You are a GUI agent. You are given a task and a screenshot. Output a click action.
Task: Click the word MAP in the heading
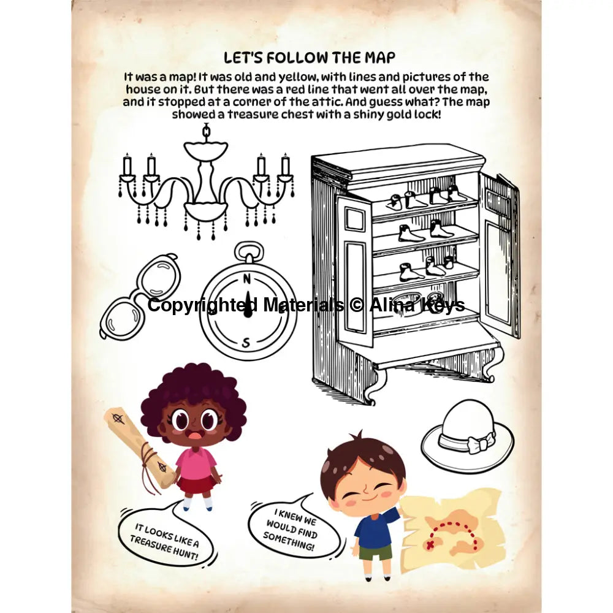[380, 58]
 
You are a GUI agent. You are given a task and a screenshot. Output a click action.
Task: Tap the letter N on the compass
[246, 279]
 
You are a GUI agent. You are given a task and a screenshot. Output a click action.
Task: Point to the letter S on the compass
[246, 343]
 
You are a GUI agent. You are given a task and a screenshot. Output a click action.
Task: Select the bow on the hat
[480, 444]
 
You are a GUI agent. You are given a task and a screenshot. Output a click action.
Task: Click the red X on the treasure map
[430, 544]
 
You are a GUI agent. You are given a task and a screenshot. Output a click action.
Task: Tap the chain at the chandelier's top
[206, 132]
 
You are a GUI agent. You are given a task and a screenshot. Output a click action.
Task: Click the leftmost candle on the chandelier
[127, 166]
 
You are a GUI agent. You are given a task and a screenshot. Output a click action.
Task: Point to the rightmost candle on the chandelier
[286, 166]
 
